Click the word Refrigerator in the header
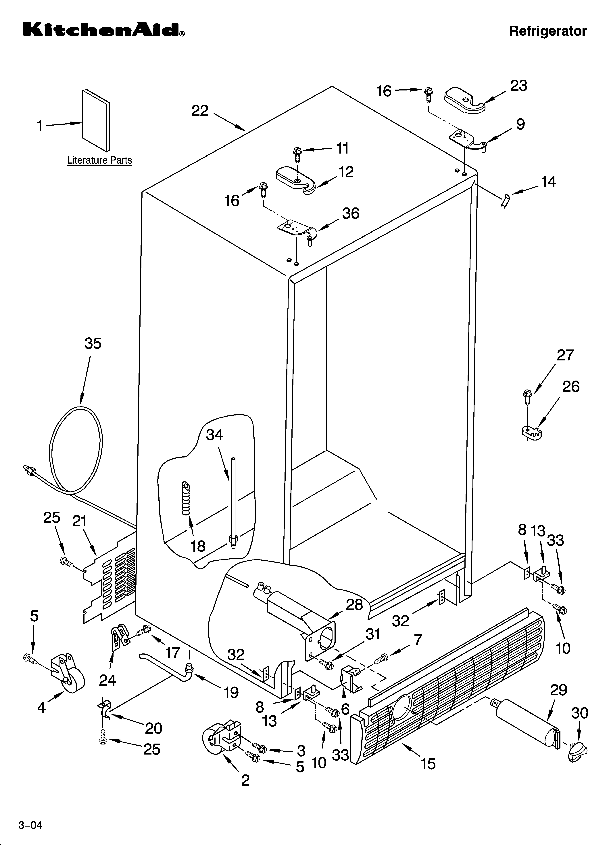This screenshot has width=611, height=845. [548, 31]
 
